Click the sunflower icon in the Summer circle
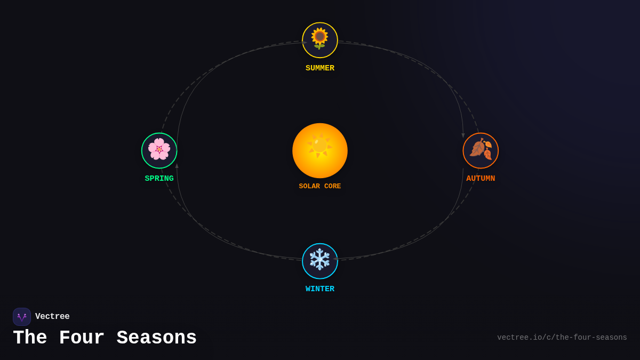[x=320, y=39]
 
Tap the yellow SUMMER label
[x=320, y=68]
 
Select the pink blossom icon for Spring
[x=159, y=149]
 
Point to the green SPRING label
[x=159, y=179]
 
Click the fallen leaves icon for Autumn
[x=481, y=149]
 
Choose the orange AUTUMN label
[x=481, y=179]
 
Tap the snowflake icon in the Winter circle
[x=320, y=260]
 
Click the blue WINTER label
[x=320, y=289]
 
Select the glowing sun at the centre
[x=320, y=150]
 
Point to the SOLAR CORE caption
[x=320, y=186]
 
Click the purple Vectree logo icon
[x=22, y=317]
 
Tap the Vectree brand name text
[x=52, y=317]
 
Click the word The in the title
[x=30, y=338]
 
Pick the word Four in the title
[x=82, y=338]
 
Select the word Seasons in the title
[x=157, y=338]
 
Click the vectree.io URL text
[x=562, y=338]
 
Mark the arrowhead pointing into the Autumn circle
[x=463, y=135]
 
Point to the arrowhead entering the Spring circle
[x=177, y=166]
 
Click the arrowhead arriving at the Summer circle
[x=304, y=42]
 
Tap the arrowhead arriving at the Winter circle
[x=335, y=259]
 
